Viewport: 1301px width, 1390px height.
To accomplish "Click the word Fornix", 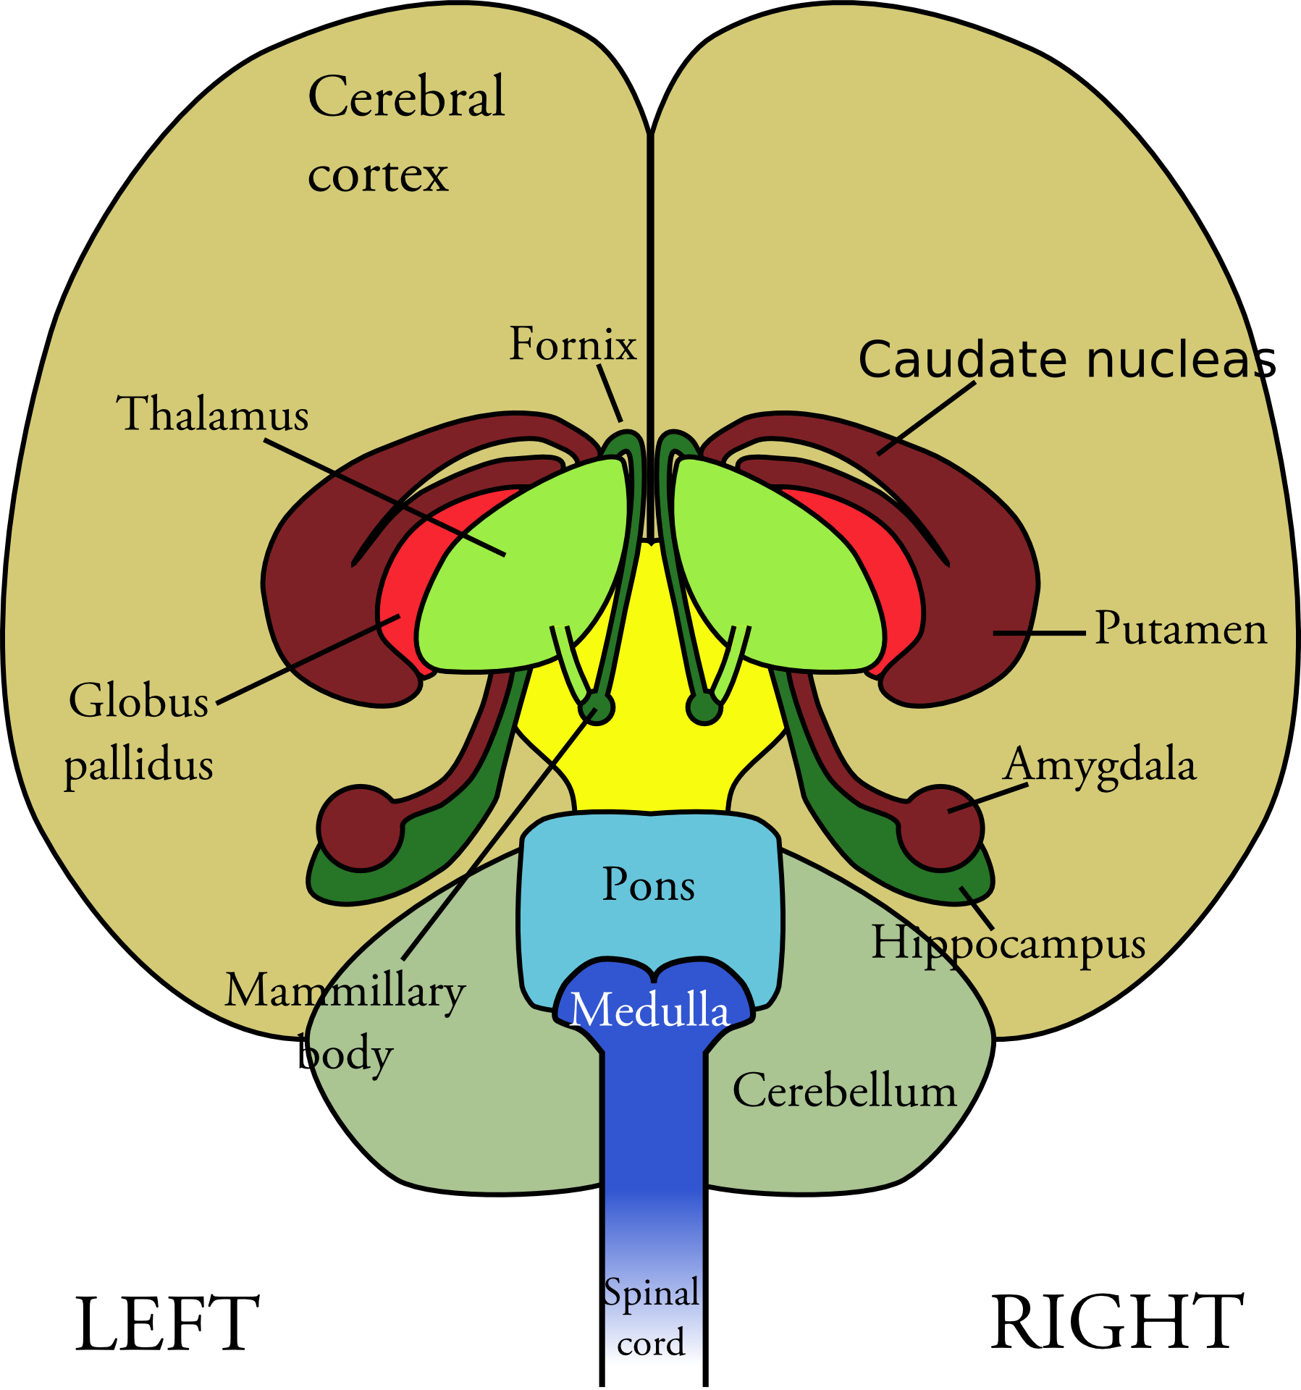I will (x=573, y=344).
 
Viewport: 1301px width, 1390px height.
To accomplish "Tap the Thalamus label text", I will (x=213, y=414).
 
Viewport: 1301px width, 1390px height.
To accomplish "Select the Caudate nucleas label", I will (x=1067, y=360).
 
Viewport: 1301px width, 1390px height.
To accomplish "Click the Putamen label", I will (x=1180, y=628).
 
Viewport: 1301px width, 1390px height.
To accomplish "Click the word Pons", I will (x=649, y=885).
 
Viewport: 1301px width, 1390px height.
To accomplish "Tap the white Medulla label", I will (x=649, y=1010).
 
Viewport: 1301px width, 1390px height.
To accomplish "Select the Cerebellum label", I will (x=844, y=1091).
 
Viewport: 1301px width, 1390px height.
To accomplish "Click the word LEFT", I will (x=167, y=1324).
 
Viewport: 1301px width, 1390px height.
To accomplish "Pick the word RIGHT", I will (x=1117, y=1323).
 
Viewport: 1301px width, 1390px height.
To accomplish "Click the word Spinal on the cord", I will (x=652, y=1293).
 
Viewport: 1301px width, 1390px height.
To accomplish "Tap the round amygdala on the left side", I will (x=360, y=827).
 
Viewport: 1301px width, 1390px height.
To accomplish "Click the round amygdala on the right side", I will (x=941, y=827).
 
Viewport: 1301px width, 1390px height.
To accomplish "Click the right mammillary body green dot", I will (x=704, y=707).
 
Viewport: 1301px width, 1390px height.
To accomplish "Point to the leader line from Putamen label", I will (x=1039, y=633).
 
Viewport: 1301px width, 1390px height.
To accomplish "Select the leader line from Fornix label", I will (x=610, y=392).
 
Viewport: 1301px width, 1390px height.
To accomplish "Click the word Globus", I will (x=139, y=702).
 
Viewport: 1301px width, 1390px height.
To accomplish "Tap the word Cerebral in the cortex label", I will (x=406, y=96).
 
